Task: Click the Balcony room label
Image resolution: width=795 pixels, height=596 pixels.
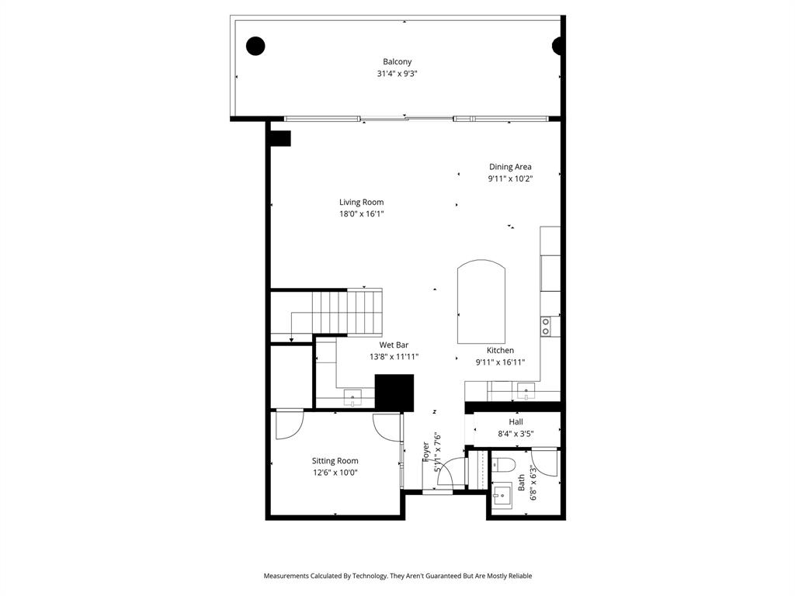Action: pos(397,62)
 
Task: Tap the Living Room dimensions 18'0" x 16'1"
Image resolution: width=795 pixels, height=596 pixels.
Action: pos(361,214)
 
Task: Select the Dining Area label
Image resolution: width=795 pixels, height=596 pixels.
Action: pos(510,167)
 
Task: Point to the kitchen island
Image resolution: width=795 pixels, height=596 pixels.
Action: pos(481,303)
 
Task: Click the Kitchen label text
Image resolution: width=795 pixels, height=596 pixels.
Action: pos(500,351)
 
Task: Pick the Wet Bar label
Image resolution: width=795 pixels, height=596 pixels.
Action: pos(394,345)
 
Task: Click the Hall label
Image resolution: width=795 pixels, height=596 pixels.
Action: pos(516,422)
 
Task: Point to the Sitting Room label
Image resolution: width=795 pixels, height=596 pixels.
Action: pos(335,461)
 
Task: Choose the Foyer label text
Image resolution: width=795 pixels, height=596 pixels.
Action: pos(426,452)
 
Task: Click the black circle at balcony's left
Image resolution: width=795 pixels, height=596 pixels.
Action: pos(255,46)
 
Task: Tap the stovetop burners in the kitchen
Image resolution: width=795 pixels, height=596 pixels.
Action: pos(546,326)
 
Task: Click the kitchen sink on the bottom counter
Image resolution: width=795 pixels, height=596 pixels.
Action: pos(527,392)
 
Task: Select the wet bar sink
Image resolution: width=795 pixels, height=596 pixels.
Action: pos(352,397)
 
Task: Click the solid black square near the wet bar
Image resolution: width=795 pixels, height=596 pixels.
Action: pos(394,392)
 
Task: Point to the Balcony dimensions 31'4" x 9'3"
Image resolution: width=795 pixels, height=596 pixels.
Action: pos(397,74)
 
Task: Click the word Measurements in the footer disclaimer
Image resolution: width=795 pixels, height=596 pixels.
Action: pos(286,576)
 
